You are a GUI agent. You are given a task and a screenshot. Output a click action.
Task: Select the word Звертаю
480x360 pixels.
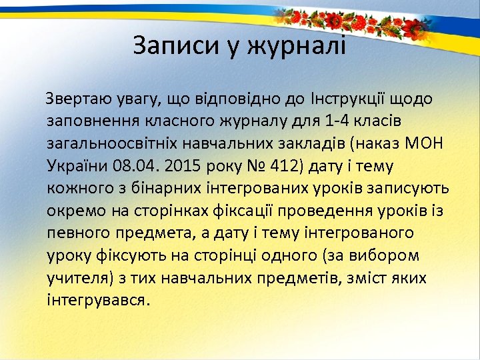point(75,99)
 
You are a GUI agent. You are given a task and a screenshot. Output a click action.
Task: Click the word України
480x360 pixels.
point(77,166)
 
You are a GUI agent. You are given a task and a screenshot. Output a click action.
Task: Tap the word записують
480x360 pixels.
point(409,189)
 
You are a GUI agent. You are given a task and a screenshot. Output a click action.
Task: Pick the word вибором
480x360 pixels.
point(398,255)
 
